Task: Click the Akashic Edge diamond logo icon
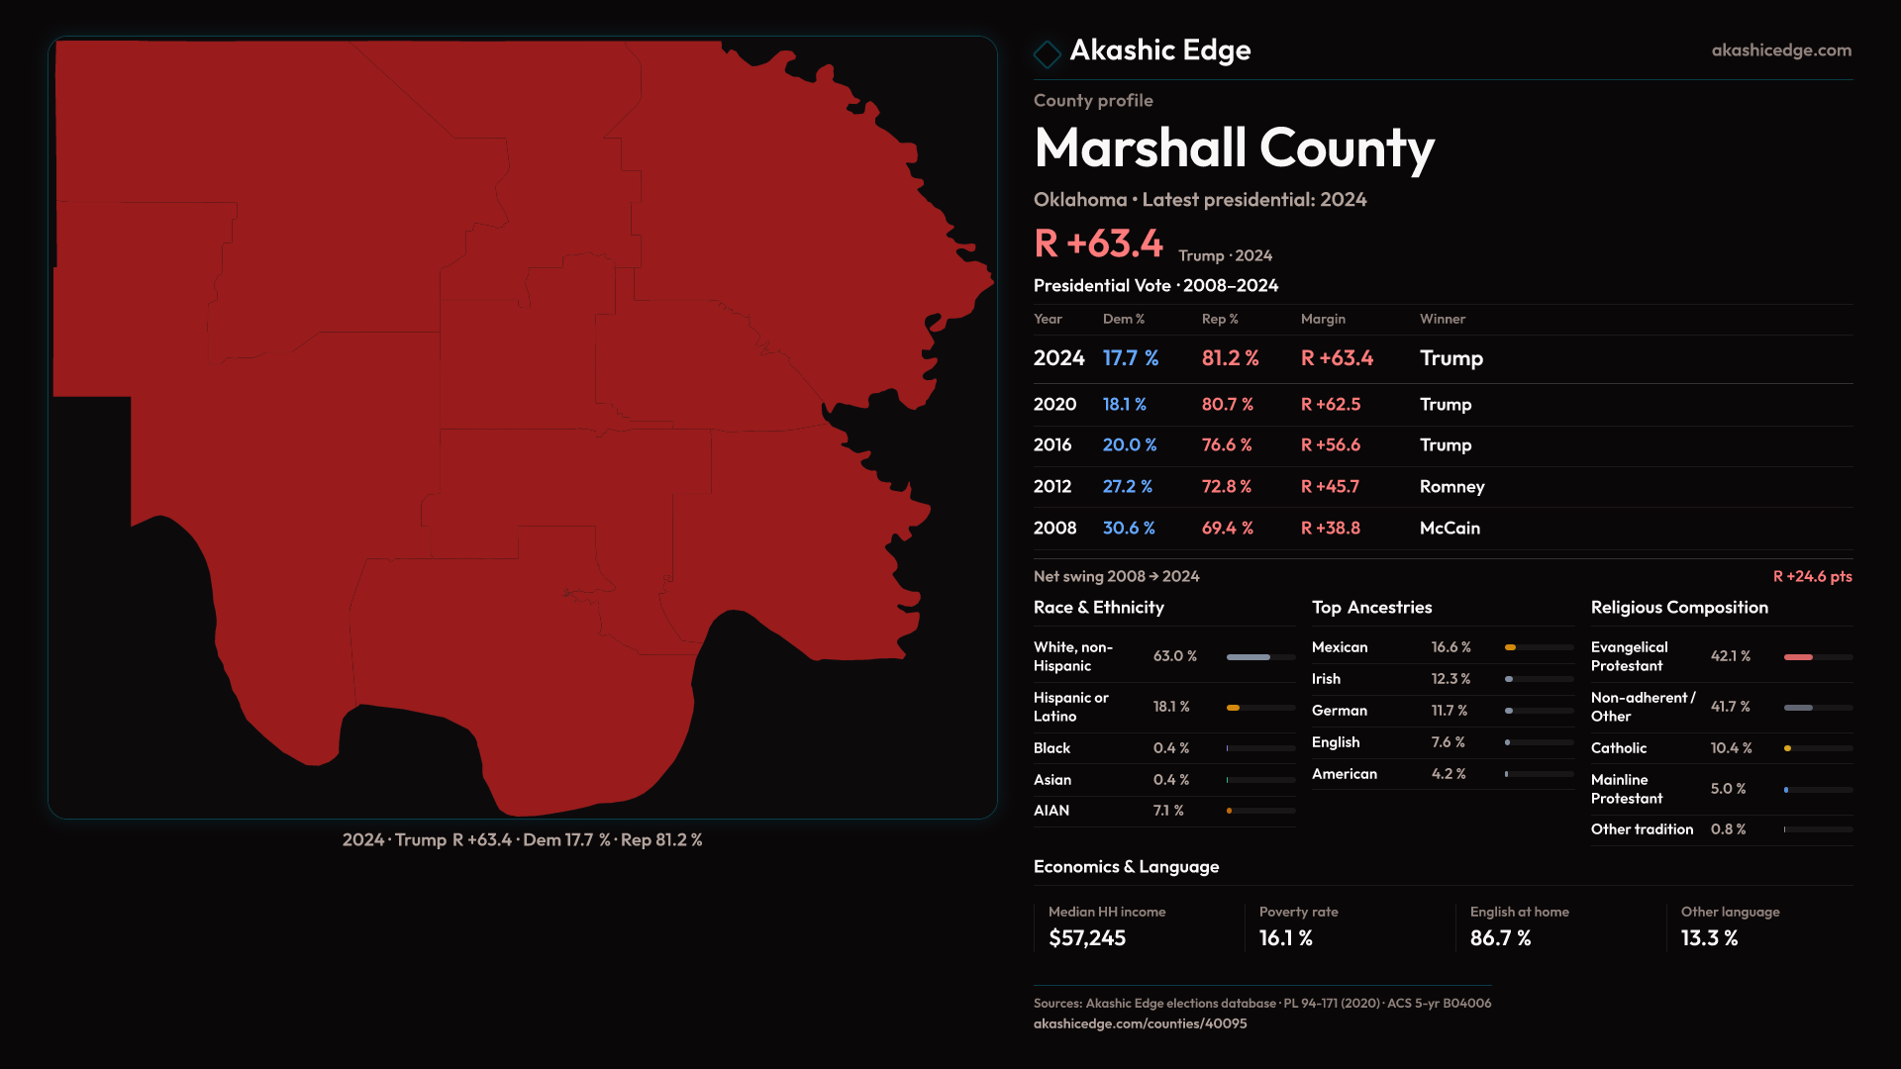[x=1047, y=53]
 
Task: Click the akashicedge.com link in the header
[x=1781, y=50]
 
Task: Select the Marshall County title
[x=1234, y=148]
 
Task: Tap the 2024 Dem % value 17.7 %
[x=1130, y=358]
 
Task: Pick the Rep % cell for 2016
[x=1227, y=445]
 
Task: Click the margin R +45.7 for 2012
[x=1330, y=487]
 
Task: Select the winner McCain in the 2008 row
[x=1450, y=529]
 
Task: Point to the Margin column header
[x=1323, y=319]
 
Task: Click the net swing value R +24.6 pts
[x=1812, y=576]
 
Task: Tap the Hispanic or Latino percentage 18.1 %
[x=1171, y=707]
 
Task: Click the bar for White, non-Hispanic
[x=1260, y=657]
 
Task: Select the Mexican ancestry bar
[x=1540, y=647]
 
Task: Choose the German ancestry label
[x=1339, y=711]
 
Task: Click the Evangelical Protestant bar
[x=1818, y=657]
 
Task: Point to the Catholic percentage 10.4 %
[x=1731, y=748]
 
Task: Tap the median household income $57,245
[x=1087, y=938]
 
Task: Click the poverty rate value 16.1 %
[x=1285, y=938]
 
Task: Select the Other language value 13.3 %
[x=1709, y=938]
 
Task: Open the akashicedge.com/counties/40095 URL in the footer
[x=1140, y=1023]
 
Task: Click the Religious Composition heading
[x=1679, y=608]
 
